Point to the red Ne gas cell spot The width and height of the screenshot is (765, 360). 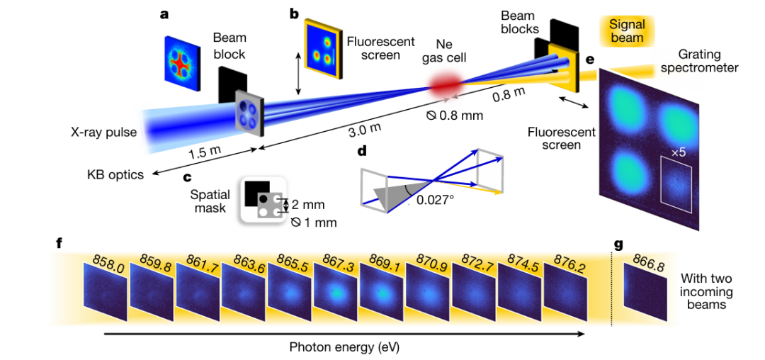point(445,85)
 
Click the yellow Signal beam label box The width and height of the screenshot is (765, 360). point(627,30)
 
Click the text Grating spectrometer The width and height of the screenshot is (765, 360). point(698,61)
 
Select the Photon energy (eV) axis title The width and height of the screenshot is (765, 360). point(349,347)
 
